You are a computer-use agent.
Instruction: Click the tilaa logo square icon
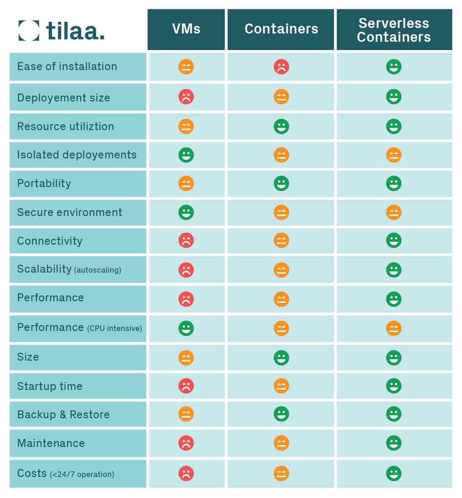(29, 30)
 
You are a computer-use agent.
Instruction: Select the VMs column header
(186, 29)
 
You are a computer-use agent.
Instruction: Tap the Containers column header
(281, 29)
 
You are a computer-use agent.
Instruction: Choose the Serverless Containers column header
(394, 30)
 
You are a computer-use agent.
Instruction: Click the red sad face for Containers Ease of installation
(281, 67)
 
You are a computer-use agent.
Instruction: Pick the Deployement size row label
(64, 98)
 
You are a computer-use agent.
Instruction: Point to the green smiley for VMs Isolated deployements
(186, 155)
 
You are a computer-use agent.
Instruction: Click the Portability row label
(44, 183)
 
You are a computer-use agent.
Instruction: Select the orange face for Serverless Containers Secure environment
(393, 212)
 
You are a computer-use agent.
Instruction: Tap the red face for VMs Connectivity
(186, 240)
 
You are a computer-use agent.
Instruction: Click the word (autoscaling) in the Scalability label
(98, 270)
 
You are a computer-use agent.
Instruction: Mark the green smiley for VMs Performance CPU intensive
(186, 328)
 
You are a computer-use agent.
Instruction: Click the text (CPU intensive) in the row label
(114, 328)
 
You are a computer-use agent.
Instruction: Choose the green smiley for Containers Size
(281, 358)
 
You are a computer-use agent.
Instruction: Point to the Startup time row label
(50, 386)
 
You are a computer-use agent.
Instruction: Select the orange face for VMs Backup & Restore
(186, 414)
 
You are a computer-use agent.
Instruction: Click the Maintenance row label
(51, 443)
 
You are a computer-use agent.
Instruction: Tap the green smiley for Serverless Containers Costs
(393, 473)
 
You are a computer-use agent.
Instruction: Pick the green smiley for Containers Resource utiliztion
(281, 127)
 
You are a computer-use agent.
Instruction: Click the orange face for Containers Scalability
(281, 270)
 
